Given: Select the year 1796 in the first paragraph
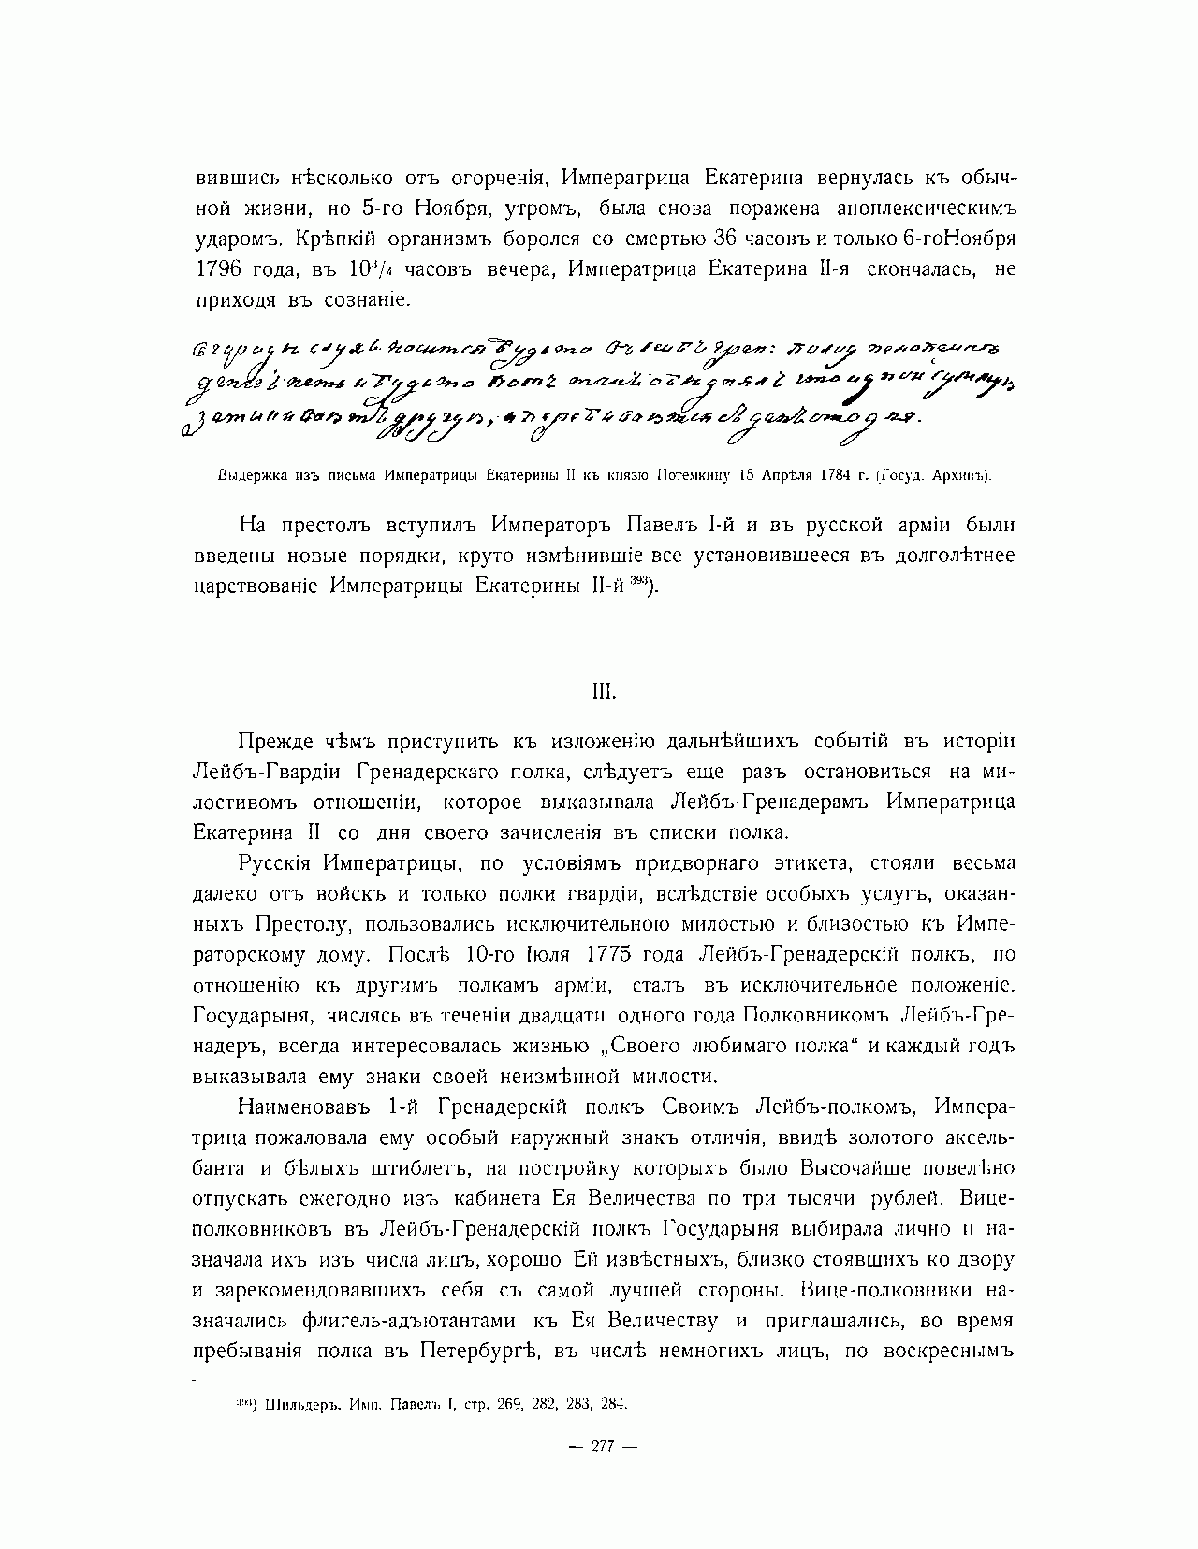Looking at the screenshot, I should click(219, 269).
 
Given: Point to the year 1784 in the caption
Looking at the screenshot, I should click(825, 475).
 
